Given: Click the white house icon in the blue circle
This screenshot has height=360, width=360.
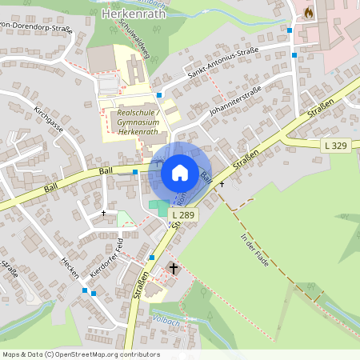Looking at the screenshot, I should point(180,172).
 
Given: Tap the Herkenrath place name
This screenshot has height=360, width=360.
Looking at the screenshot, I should point(133,14).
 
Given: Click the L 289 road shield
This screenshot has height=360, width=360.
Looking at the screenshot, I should point(183,214).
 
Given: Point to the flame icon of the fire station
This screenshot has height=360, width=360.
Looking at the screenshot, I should point(308,13).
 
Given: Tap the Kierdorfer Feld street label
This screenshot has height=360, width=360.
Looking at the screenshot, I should point(106,258).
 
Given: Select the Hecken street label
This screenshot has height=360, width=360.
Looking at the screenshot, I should point(70,268).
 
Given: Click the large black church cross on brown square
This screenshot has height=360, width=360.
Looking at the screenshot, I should point(174,270).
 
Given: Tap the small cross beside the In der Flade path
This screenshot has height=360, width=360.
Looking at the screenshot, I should point(222,184).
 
